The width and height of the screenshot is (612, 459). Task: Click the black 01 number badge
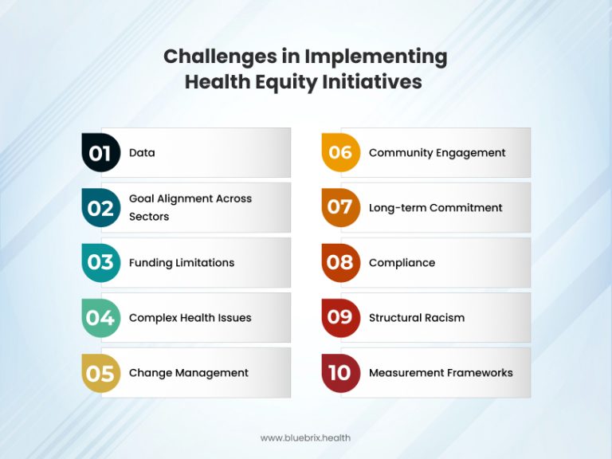(100, 153)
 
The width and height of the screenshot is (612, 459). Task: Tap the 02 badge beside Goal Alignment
(100, 208)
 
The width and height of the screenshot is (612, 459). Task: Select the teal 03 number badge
(100, 262)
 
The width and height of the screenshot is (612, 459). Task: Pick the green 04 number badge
(100, 317)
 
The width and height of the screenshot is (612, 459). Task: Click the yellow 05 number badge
(100, 372)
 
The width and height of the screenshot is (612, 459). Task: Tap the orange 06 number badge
(340, 153)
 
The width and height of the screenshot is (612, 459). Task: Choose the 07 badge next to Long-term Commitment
(340, 208)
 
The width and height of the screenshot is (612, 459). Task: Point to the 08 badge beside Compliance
(340, 262)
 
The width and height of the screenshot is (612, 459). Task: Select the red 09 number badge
(340, 317)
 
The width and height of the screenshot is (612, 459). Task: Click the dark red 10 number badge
(340, 372)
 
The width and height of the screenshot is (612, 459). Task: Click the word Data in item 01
(142, 153)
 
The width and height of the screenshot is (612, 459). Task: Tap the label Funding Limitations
(182, 262)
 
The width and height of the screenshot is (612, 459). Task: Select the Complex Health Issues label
(190, 317)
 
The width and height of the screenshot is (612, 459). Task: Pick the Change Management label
(189, 372)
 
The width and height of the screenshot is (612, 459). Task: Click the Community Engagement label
(437, 153)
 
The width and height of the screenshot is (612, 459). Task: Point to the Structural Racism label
(416, 317)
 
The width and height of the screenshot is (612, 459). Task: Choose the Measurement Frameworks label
(441, 372)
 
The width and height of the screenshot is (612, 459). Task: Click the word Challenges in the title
(211, 57)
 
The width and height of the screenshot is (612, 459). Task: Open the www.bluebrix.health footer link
(305, 437)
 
